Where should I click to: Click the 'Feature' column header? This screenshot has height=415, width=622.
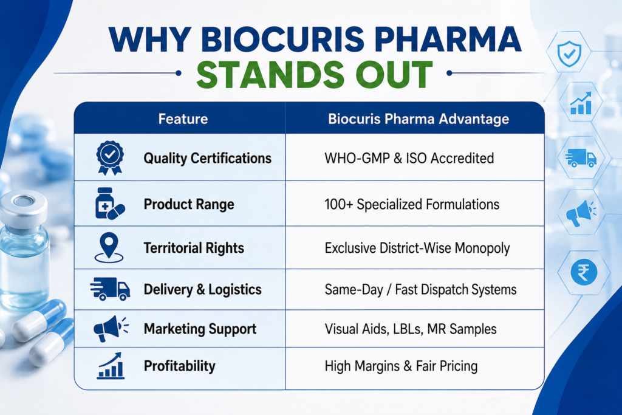click(x=183, y=119)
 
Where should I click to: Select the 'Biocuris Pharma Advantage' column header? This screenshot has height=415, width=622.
click(x=419, y=119)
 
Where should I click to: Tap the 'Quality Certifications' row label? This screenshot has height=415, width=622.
click(x=208, y=159)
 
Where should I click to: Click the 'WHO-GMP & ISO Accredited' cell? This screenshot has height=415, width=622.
click(x=409, y=159)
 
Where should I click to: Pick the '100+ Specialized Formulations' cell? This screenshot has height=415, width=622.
click(x=412, y=204)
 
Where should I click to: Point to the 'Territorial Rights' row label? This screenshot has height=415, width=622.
click(x=194, y=248)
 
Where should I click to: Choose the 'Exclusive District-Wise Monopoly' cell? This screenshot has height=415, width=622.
click(x=417, y=248)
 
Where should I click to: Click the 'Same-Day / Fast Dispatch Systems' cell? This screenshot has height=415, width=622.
click(x=420, y=290)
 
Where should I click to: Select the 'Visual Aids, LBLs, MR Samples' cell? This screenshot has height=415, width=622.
click(x=411, y=329)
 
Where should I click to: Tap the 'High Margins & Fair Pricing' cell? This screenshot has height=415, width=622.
click(x=401, y=366)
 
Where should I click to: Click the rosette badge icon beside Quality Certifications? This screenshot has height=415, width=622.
click(x=110, y=157)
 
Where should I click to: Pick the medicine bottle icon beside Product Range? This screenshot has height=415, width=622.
click(x=109, y=204)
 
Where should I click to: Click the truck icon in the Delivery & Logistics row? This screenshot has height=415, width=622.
click(x=110, y=289)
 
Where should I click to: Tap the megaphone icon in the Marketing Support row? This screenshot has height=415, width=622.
click(x=111, y=329)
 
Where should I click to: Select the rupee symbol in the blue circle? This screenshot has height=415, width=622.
click(x=584, y=272)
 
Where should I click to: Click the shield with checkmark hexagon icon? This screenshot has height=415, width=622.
click(x=569, y=53)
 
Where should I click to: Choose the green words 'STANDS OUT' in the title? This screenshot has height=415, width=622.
click(x=314, y=75)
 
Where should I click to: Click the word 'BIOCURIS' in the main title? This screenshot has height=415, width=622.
click(x=282, y=39)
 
